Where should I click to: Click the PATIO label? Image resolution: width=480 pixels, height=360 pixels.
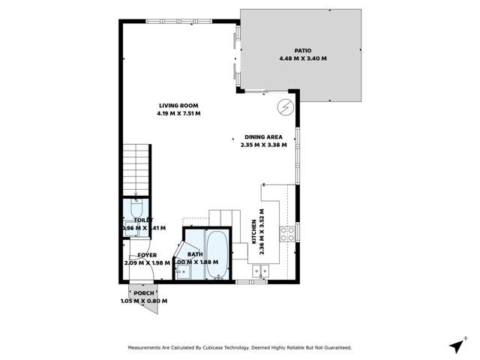tap(303, 49)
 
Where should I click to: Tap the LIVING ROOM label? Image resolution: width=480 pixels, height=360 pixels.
tap(178, 105)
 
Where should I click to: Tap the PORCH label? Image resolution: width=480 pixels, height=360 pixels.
tap(143, 293)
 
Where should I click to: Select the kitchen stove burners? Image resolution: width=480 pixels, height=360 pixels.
tap(286, 234)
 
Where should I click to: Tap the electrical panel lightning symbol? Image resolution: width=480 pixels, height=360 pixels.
tap(285, 107)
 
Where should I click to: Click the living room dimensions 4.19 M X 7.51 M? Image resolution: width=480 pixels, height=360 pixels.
tap(178, 113)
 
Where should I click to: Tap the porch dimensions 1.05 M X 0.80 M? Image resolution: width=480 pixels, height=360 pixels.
tap(143, 301)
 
